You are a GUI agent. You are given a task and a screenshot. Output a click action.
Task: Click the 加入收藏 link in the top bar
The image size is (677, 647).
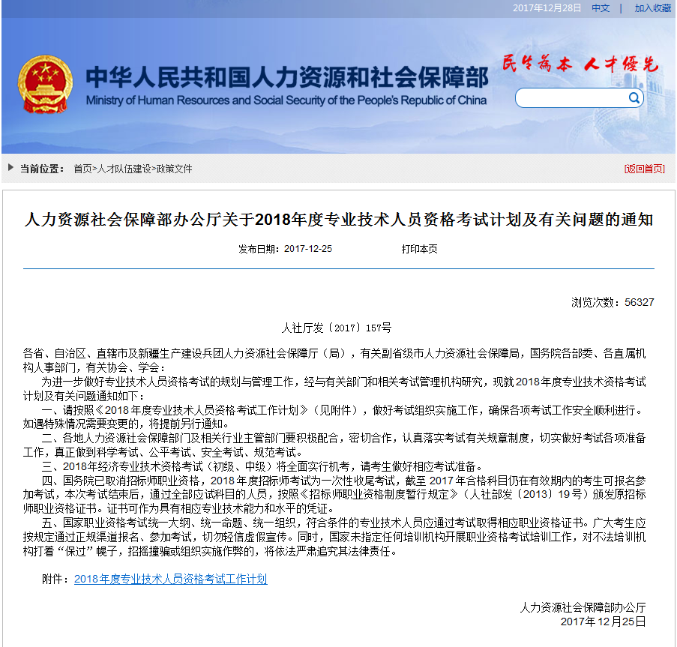pos(652,7)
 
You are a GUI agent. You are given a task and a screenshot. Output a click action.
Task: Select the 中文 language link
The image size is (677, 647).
pos(601,7)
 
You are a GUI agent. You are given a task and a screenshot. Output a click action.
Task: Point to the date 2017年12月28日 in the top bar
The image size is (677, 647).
pos(547,7)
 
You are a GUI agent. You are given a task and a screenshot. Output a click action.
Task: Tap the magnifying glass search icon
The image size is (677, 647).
pos(634,97)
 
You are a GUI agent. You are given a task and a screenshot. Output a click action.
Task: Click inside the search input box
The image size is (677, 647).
pos(570,98)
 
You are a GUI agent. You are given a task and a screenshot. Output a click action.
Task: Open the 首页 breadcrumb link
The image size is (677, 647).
pos(82,169)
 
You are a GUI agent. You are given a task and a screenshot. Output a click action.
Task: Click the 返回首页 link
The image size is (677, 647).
pos(644,169)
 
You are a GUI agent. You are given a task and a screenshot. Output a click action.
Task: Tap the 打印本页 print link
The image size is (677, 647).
pos(419,249)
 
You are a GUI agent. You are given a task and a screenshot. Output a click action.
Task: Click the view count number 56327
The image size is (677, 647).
pos(639,302)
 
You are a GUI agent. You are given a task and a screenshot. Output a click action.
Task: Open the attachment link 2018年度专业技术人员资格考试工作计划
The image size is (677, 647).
pos(170,579)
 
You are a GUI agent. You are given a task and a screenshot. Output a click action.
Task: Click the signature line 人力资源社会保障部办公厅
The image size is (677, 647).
pos(583,607)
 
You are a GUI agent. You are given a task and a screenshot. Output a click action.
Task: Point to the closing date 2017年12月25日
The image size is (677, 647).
pos(603,622)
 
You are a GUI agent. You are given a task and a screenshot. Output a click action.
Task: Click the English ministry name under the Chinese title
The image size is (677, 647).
pos(286,100)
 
